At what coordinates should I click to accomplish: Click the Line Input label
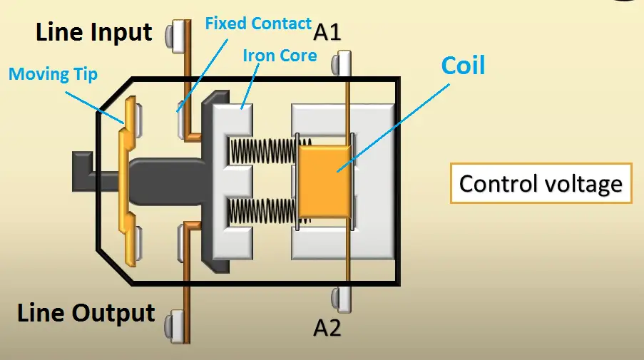click(x=94, y=32)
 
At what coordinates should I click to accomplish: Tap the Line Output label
click(x=86, y=313)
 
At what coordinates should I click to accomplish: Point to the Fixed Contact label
click(x=258, y=24)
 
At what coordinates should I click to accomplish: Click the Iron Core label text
click(x=279, y=55)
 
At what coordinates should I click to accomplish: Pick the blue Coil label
click(x=463, y=66)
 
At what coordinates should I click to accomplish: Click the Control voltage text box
click(x=541, y=184)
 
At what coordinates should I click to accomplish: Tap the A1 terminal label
click(x=327, y=32)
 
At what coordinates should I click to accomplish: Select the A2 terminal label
click(x=328, y=328)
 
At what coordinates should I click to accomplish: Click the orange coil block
click(x=324, y=180)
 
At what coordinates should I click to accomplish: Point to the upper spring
click(x=262, y=150)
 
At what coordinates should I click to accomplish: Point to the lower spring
click(x=262, y=212)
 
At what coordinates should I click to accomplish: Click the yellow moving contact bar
click(x=128, y=178)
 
